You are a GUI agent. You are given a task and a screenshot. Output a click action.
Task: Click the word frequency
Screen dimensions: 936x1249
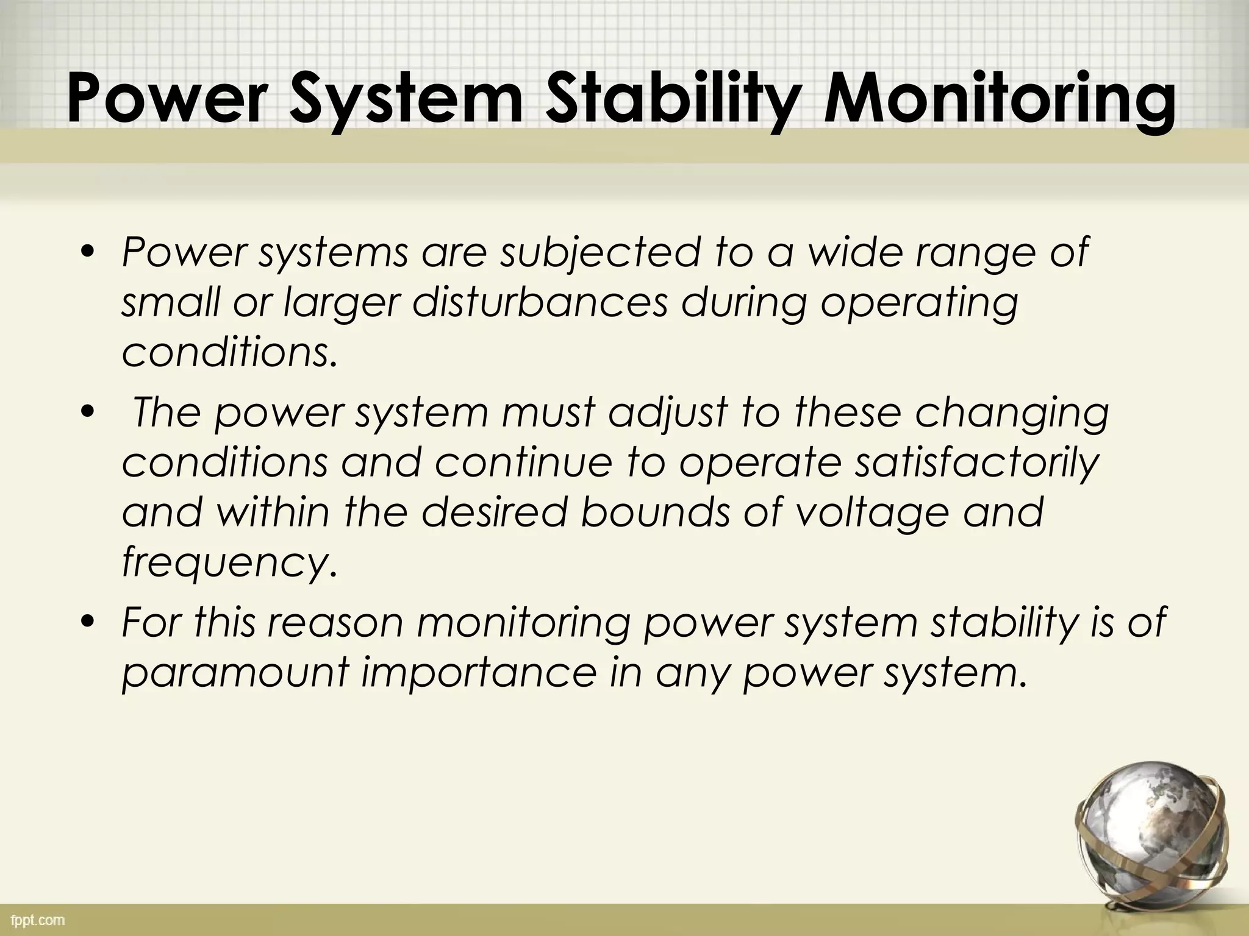tap(229, 562)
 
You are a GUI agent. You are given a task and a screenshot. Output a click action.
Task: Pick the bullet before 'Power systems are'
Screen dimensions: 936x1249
tap(88, 252)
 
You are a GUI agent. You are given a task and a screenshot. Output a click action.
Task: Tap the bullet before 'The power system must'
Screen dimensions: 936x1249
tap(88, 412)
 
